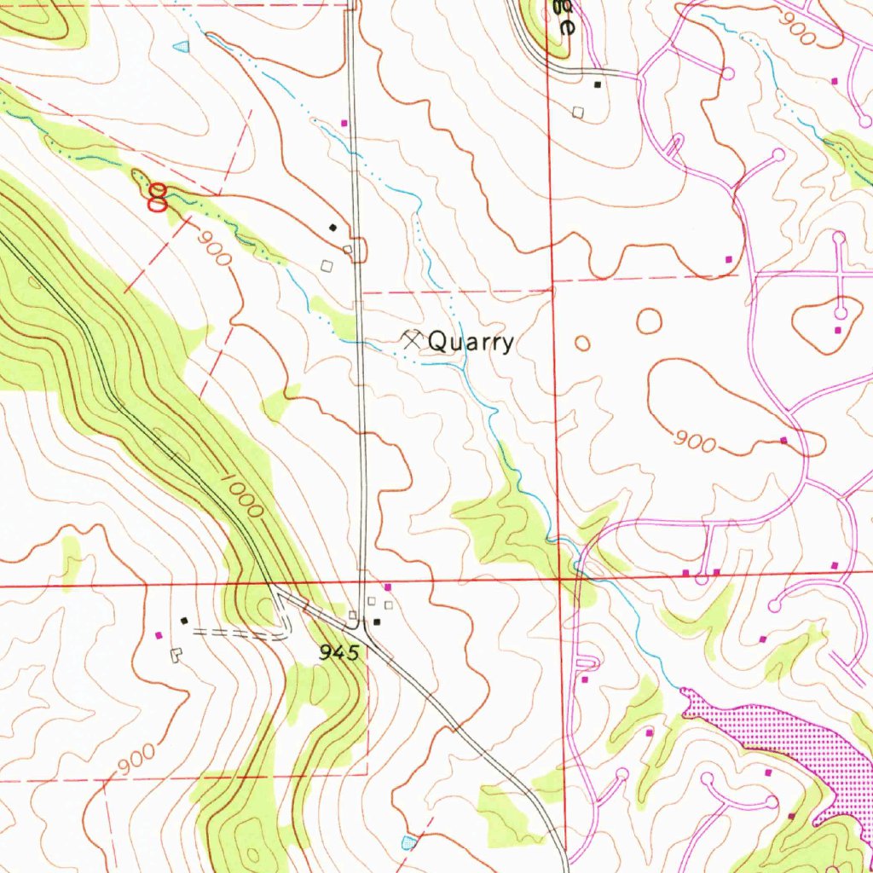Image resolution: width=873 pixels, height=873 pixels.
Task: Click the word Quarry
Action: (471, 343)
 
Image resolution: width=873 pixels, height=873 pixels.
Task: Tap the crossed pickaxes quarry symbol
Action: (412, 340)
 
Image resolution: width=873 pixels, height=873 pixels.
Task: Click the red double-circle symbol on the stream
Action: (157, 198)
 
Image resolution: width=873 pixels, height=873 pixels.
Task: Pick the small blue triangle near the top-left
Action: (181, 47)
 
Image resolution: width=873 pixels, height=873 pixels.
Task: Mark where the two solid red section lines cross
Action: (559, 580)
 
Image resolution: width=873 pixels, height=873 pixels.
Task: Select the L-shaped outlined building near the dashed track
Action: (176, 655)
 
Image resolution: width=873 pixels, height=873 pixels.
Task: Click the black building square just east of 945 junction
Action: (376, 622)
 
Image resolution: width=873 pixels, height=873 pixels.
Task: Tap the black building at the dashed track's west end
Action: (183, 621)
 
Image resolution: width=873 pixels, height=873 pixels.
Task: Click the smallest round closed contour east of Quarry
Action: (582, 344)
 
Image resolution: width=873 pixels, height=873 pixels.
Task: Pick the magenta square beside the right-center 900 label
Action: (783, 440)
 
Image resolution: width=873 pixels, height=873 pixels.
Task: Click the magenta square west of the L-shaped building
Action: (159, 635)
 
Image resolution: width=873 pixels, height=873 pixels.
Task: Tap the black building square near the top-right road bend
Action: (598, 84)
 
